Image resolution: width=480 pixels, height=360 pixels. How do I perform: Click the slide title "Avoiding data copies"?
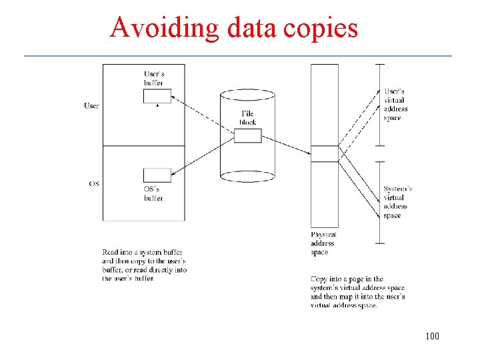click(234, 28)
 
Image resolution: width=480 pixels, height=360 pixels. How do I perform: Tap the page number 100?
click(432, 336)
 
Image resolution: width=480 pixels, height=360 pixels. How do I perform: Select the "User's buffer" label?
click(153, 78)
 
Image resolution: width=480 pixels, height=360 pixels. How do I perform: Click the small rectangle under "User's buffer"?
click(157, 97)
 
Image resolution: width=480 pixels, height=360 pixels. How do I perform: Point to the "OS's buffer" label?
click(153, 193)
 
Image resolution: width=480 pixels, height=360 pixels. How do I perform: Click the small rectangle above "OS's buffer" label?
click(157, 175)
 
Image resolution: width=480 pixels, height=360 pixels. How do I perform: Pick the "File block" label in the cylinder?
click(247, 118)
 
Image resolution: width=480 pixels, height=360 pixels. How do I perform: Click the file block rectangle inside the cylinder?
click(247, 135)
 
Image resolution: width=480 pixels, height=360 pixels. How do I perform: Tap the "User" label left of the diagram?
click(91, 106)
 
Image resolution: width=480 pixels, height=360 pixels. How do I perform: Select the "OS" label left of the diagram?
click(94, 183)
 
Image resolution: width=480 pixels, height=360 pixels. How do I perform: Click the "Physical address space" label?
click(323, 243)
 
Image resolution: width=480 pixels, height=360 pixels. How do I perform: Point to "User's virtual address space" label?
click(396, 105)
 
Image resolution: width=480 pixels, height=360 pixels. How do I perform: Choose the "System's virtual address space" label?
click(397, 202)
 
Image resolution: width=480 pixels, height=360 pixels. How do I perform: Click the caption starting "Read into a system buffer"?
click(144, 265)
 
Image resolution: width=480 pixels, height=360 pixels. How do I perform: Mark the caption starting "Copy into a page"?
click(357, 292)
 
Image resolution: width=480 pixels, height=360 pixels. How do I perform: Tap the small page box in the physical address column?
click(325, 154)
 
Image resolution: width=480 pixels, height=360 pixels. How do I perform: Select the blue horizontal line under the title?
click(238, 55)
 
